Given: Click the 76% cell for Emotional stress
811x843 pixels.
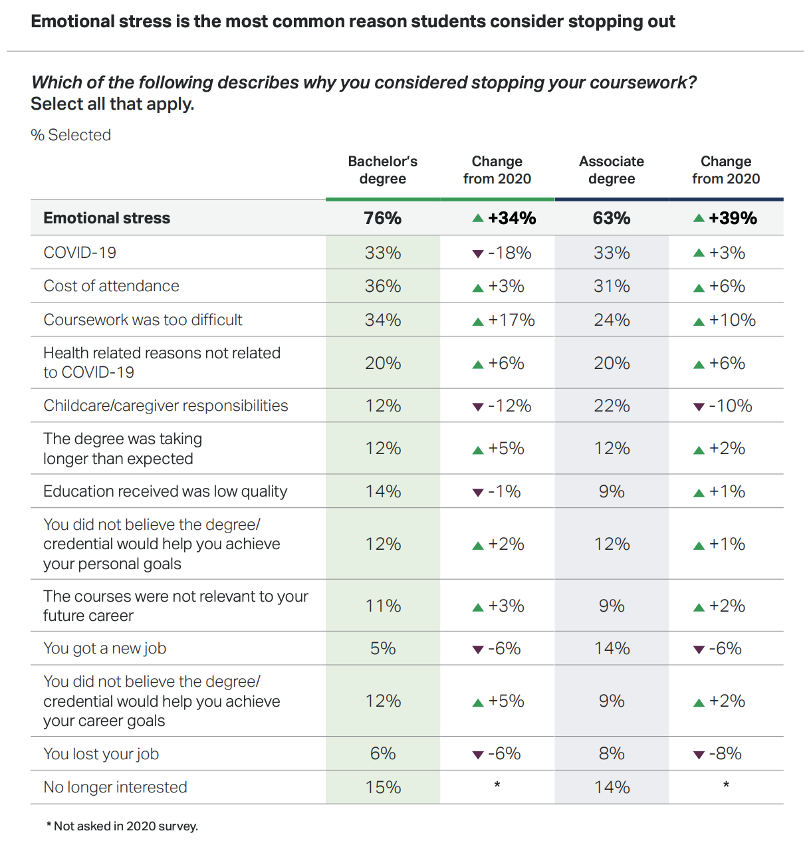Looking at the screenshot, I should [x=382, y=218].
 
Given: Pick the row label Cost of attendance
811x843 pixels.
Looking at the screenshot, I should [x=111, y=286].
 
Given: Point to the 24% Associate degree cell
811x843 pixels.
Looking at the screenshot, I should [x=612, y=320].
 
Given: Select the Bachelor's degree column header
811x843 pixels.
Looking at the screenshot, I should [x=382, y=170].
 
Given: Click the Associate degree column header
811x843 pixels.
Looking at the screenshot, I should [x=612, y=170].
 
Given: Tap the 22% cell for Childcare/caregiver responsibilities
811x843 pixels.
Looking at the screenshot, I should [x=612, y=406].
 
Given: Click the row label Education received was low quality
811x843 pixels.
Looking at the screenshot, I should [x=165, y=491].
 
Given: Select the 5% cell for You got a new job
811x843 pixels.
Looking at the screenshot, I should [x=382, y=648].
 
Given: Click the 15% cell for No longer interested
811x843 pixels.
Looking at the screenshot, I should [x=383, y=787].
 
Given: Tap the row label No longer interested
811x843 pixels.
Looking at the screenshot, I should [x=115, y=787].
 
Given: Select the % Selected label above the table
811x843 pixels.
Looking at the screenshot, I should [x=70, y=135].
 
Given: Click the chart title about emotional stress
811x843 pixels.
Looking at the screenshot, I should [x=352, y=21].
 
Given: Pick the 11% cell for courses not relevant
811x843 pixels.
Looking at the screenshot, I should [x=383, y=606].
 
